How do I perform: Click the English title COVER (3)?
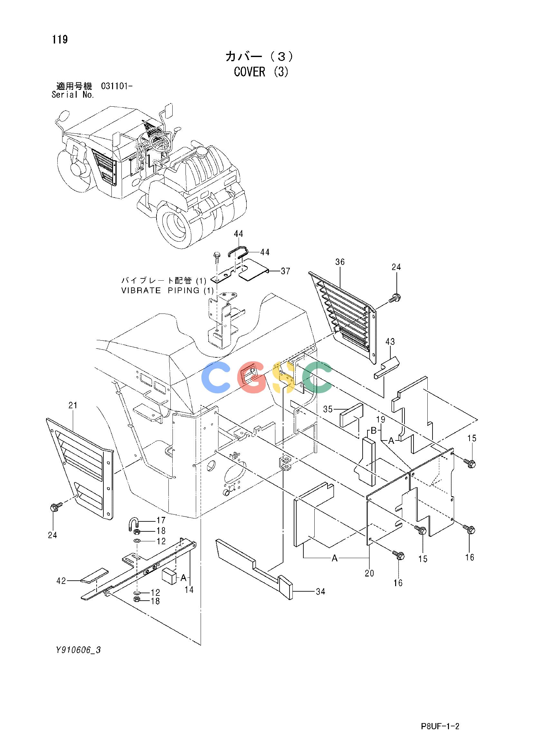[x=261, y=72]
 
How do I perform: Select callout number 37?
[x=285, y=271]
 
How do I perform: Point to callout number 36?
[x=340, y=262]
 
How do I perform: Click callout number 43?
[x=390, y=342]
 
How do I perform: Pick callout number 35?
[x=328, y=409]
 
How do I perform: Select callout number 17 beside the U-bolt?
[x=161, y=520]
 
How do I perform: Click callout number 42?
[x=61, y=581]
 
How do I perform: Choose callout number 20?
[x=369, y=573]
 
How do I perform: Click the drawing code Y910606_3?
[x=78, y=650]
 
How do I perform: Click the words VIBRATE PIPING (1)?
[x=167, y=290]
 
